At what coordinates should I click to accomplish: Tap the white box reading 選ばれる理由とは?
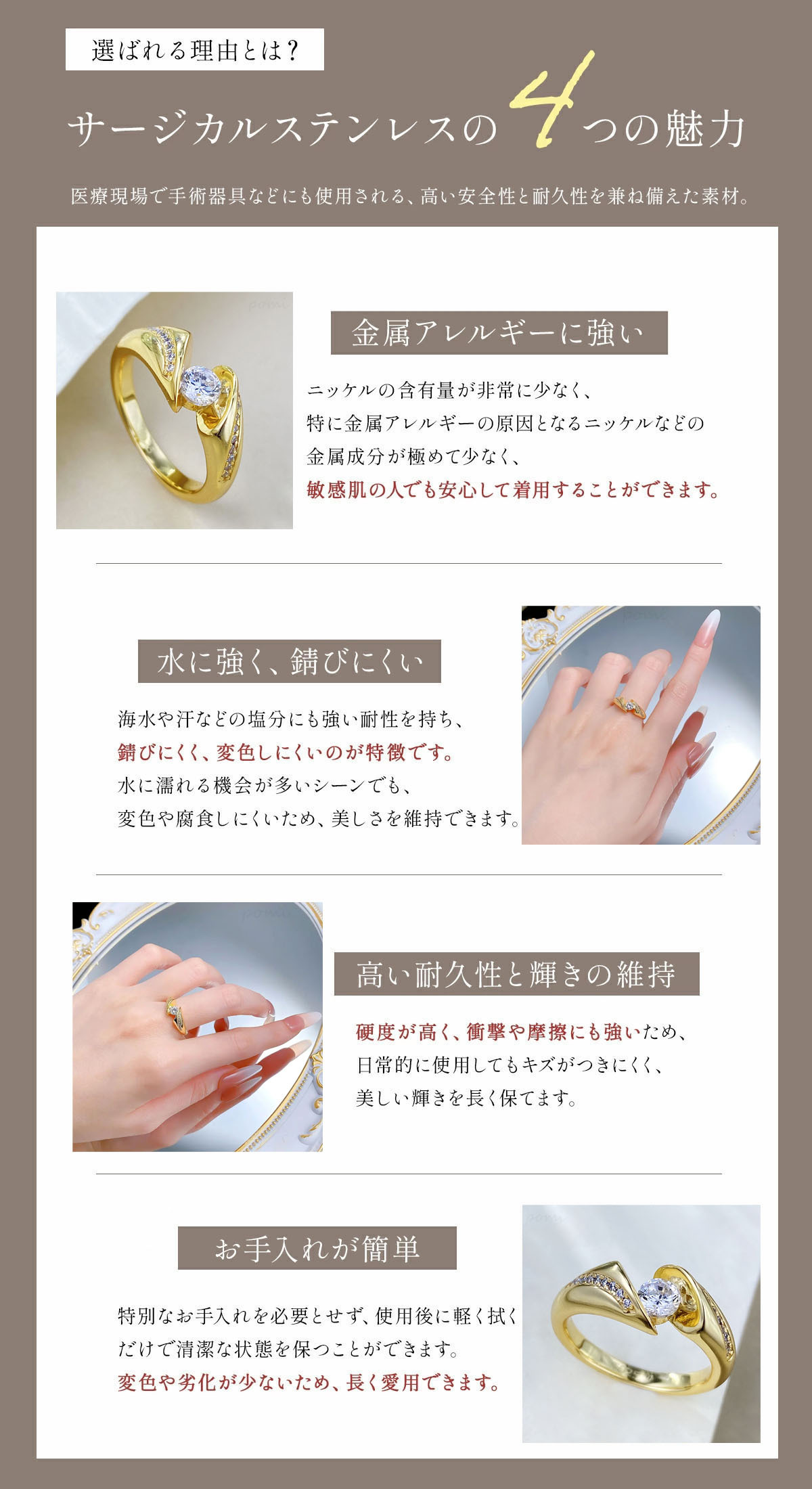point(195,49)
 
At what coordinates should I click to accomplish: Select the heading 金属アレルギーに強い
point(499,333)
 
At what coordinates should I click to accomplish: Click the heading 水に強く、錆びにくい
point(290,661)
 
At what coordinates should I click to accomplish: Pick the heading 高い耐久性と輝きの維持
point(516,974)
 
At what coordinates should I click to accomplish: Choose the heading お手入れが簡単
point(317,1248)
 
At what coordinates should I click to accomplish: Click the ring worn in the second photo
point(630,706)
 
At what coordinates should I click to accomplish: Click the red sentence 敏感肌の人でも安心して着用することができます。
point(513,490)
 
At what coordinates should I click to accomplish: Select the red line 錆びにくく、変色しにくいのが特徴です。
point(286,753)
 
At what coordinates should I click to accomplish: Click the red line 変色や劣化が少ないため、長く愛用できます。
point(309,1382)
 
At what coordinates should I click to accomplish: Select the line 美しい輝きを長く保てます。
point(467,1098)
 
